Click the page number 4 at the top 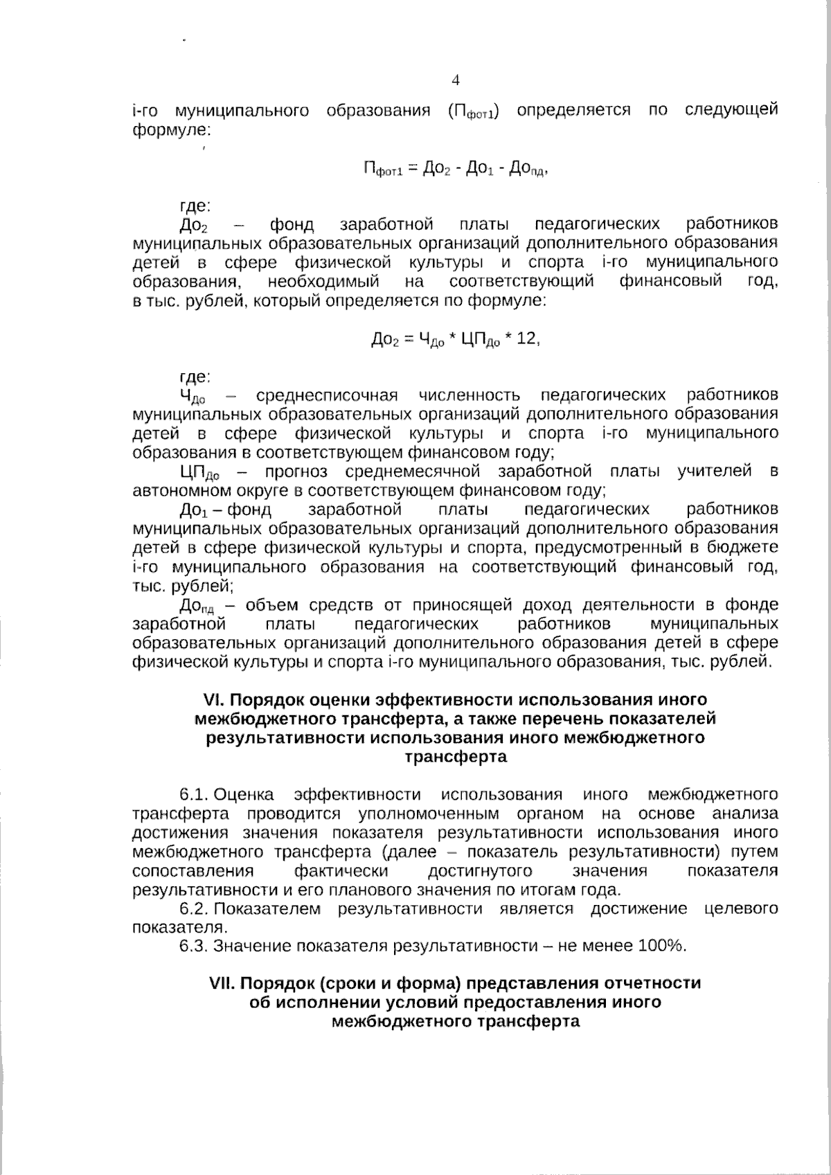455,80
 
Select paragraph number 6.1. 195,794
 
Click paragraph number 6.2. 195,908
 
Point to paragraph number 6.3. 195,946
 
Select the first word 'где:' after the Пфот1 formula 195,206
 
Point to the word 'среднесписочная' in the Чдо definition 327,395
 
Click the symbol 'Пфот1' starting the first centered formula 381,169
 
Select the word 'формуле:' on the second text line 172,129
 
